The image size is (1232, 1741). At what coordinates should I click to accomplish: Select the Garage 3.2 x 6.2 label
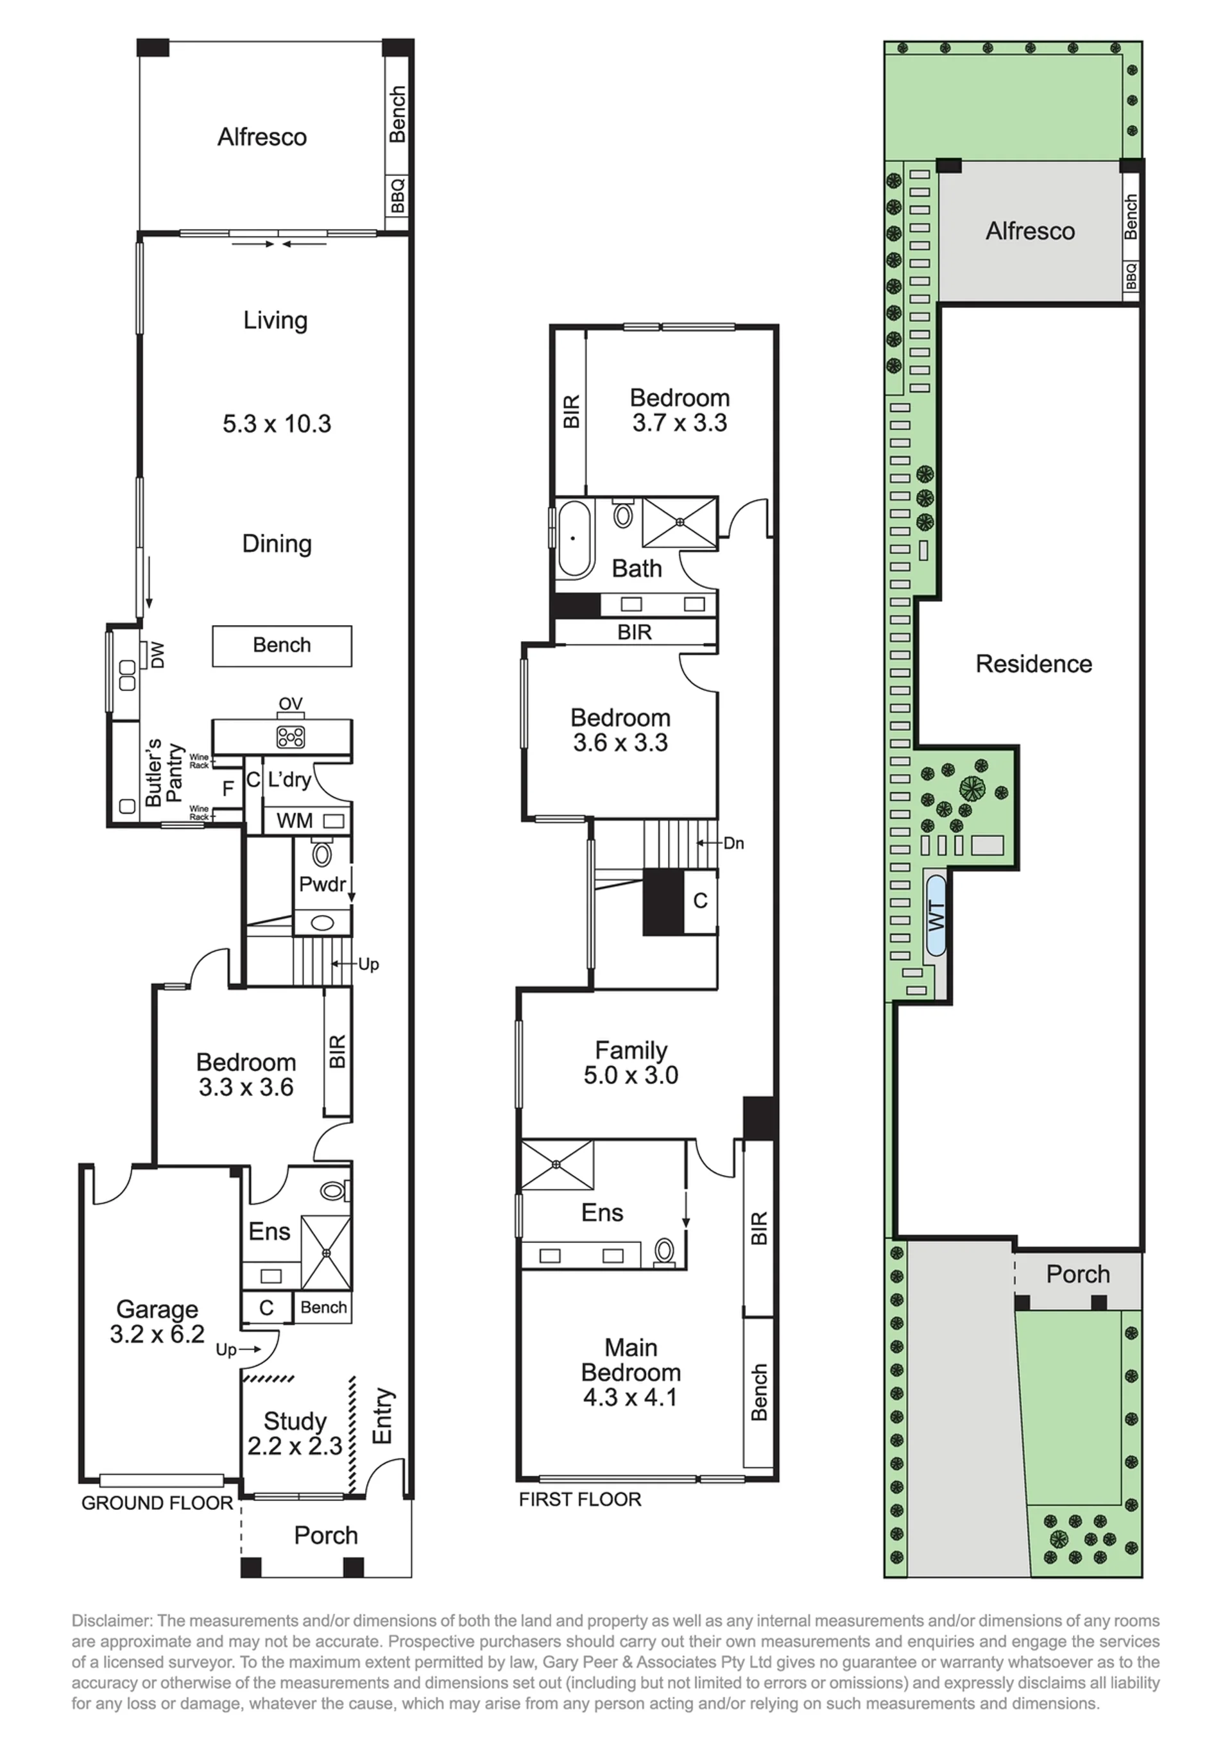pyautogui.click(x=157, y=1321)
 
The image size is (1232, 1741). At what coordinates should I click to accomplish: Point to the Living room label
pyautogui.click(x=275, y=320)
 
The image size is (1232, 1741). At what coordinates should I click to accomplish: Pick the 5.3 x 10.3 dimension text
pyautogui.click(x=277, y=424)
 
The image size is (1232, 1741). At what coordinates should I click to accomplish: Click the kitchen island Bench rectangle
pyautogui.click(x=282, y=646)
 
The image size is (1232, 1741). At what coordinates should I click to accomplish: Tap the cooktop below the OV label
pyautogui.click(x=291, y=736)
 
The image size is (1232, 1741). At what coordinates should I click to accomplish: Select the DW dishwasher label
pyautogui.click(x=157, y=655)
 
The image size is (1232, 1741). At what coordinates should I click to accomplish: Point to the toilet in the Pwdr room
pyautogui.click(x=322, y=853)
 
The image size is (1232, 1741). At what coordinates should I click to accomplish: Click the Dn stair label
pyautogui.click(x=733, y=843)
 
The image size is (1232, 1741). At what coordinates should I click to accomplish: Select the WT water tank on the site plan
pyautogui.click(x=936, y=916)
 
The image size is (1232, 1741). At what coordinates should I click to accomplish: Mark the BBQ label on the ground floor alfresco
pyautogui.click(x=398, y=196)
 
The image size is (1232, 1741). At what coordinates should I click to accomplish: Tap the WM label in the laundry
pyautogui.click(x=295, y=821)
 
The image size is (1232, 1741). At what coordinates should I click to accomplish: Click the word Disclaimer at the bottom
pyautogui.click(x=112, y=1621)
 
